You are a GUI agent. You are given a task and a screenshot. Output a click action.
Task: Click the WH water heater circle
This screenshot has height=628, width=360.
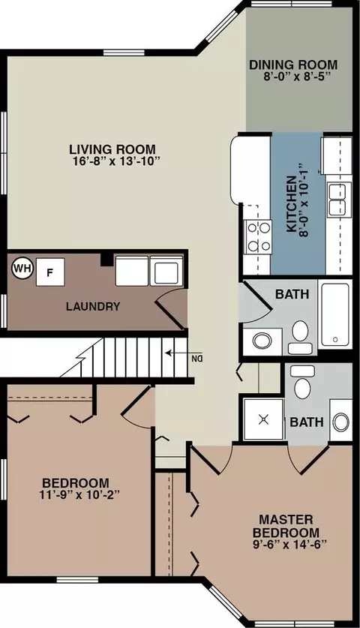click(22, 269)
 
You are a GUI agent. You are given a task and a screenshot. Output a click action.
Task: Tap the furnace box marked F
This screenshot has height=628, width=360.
click(50, 272)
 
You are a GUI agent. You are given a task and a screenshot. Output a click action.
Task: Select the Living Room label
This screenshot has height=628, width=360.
click(112, 149)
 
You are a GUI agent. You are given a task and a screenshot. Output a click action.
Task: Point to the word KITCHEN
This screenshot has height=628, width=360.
click(292, 204)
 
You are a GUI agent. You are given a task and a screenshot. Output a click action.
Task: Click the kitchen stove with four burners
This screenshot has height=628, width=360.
click(258, 236)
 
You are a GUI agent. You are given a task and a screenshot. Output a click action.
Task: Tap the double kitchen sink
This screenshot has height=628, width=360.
click(339, 200)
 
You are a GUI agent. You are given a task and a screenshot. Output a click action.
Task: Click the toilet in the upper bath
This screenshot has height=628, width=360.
click(300, 336)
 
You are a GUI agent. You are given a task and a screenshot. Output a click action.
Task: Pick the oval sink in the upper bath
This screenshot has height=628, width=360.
click(262, 341)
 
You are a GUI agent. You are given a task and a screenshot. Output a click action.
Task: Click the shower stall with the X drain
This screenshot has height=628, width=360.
click(263, 419)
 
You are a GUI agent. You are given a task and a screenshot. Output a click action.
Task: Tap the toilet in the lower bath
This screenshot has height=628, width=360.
click(302, 383)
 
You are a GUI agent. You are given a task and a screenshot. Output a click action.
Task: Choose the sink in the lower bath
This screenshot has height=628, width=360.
click(340, 422)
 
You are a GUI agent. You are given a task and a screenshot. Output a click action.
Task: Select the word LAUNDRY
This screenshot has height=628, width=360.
click(93, 307)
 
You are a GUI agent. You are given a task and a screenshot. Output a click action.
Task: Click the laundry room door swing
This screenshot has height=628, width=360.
click(170, 306)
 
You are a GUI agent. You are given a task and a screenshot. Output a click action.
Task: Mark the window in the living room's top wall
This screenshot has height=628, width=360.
click(124, 53)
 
